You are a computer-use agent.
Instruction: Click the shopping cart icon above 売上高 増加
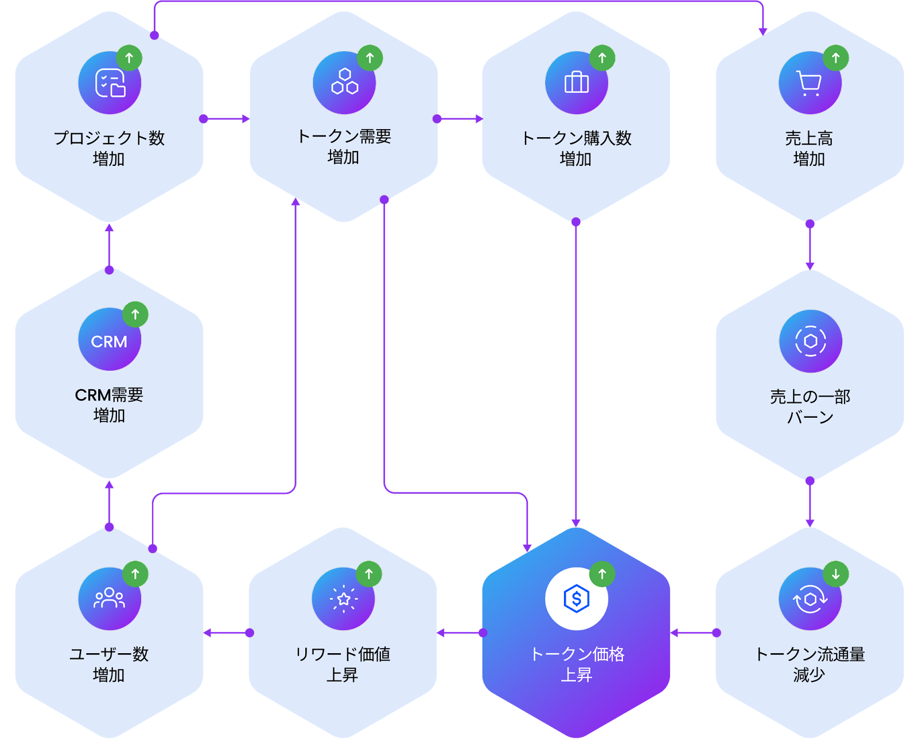810,83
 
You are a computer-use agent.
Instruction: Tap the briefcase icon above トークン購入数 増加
576,83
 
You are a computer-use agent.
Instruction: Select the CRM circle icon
110,339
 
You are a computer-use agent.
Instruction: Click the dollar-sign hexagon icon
576,599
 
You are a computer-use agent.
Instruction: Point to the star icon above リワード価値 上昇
344,599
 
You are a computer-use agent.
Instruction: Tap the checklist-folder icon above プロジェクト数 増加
110,83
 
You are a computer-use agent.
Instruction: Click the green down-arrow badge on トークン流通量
836,573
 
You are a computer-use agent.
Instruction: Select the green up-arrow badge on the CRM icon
135,315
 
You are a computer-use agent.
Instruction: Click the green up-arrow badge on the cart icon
836,57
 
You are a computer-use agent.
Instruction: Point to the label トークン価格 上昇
577,664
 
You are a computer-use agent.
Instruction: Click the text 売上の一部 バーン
810,406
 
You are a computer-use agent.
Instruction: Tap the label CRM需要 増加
109,405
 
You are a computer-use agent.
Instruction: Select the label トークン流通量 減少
810,664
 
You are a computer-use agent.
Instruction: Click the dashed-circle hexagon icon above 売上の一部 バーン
811,341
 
